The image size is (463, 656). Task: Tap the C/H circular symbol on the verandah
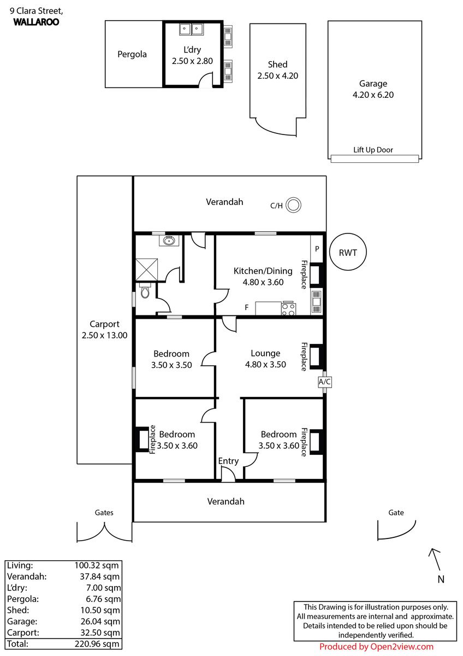pyautogui.click(x=293, y=205)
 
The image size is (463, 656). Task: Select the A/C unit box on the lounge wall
pyautogui.click(x=325, y=382)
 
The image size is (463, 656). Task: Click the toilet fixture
pyautogui.click(x=145, y=290)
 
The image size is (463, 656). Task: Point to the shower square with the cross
pyautogui.click(x=146, y=270)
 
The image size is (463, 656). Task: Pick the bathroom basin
pyautogui.click(x=169, y=241)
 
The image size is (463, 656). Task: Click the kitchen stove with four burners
pyautogui.click(x=288, y=308)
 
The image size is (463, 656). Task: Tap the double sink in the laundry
pyautogui.click(x=191, y=29)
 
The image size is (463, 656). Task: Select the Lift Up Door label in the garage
pyautogui.click(x=373, y=150)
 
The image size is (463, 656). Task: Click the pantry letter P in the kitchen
pyautogui.click(x=317, y=249)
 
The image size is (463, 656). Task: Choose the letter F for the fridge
pyautogui.click(x=247, y=307)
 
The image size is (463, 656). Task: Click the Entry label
pyautogui.click(x=228, y=461)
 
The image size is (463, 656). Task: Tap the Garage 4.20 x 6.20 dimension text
pyautogui.click(x=373, y=95)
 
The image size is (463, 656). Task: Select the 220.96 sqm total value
pyautogui.click(x=97, y=644)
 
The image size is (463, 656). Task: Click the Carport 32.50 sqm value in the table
pyautogui.click(x=100, y=632)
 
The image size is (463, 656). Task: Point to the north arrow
pyautogui.click(x=435, y=560)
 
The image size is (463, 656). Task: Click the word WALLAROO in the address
pyautogui.click(x=36, y=22)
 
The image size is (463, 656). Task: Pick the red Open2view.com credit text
pyautogui.click(x=376, y=647)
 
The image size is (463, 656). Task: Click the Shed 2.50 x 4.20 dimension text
pyautogui.click(x=277, y=75)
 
